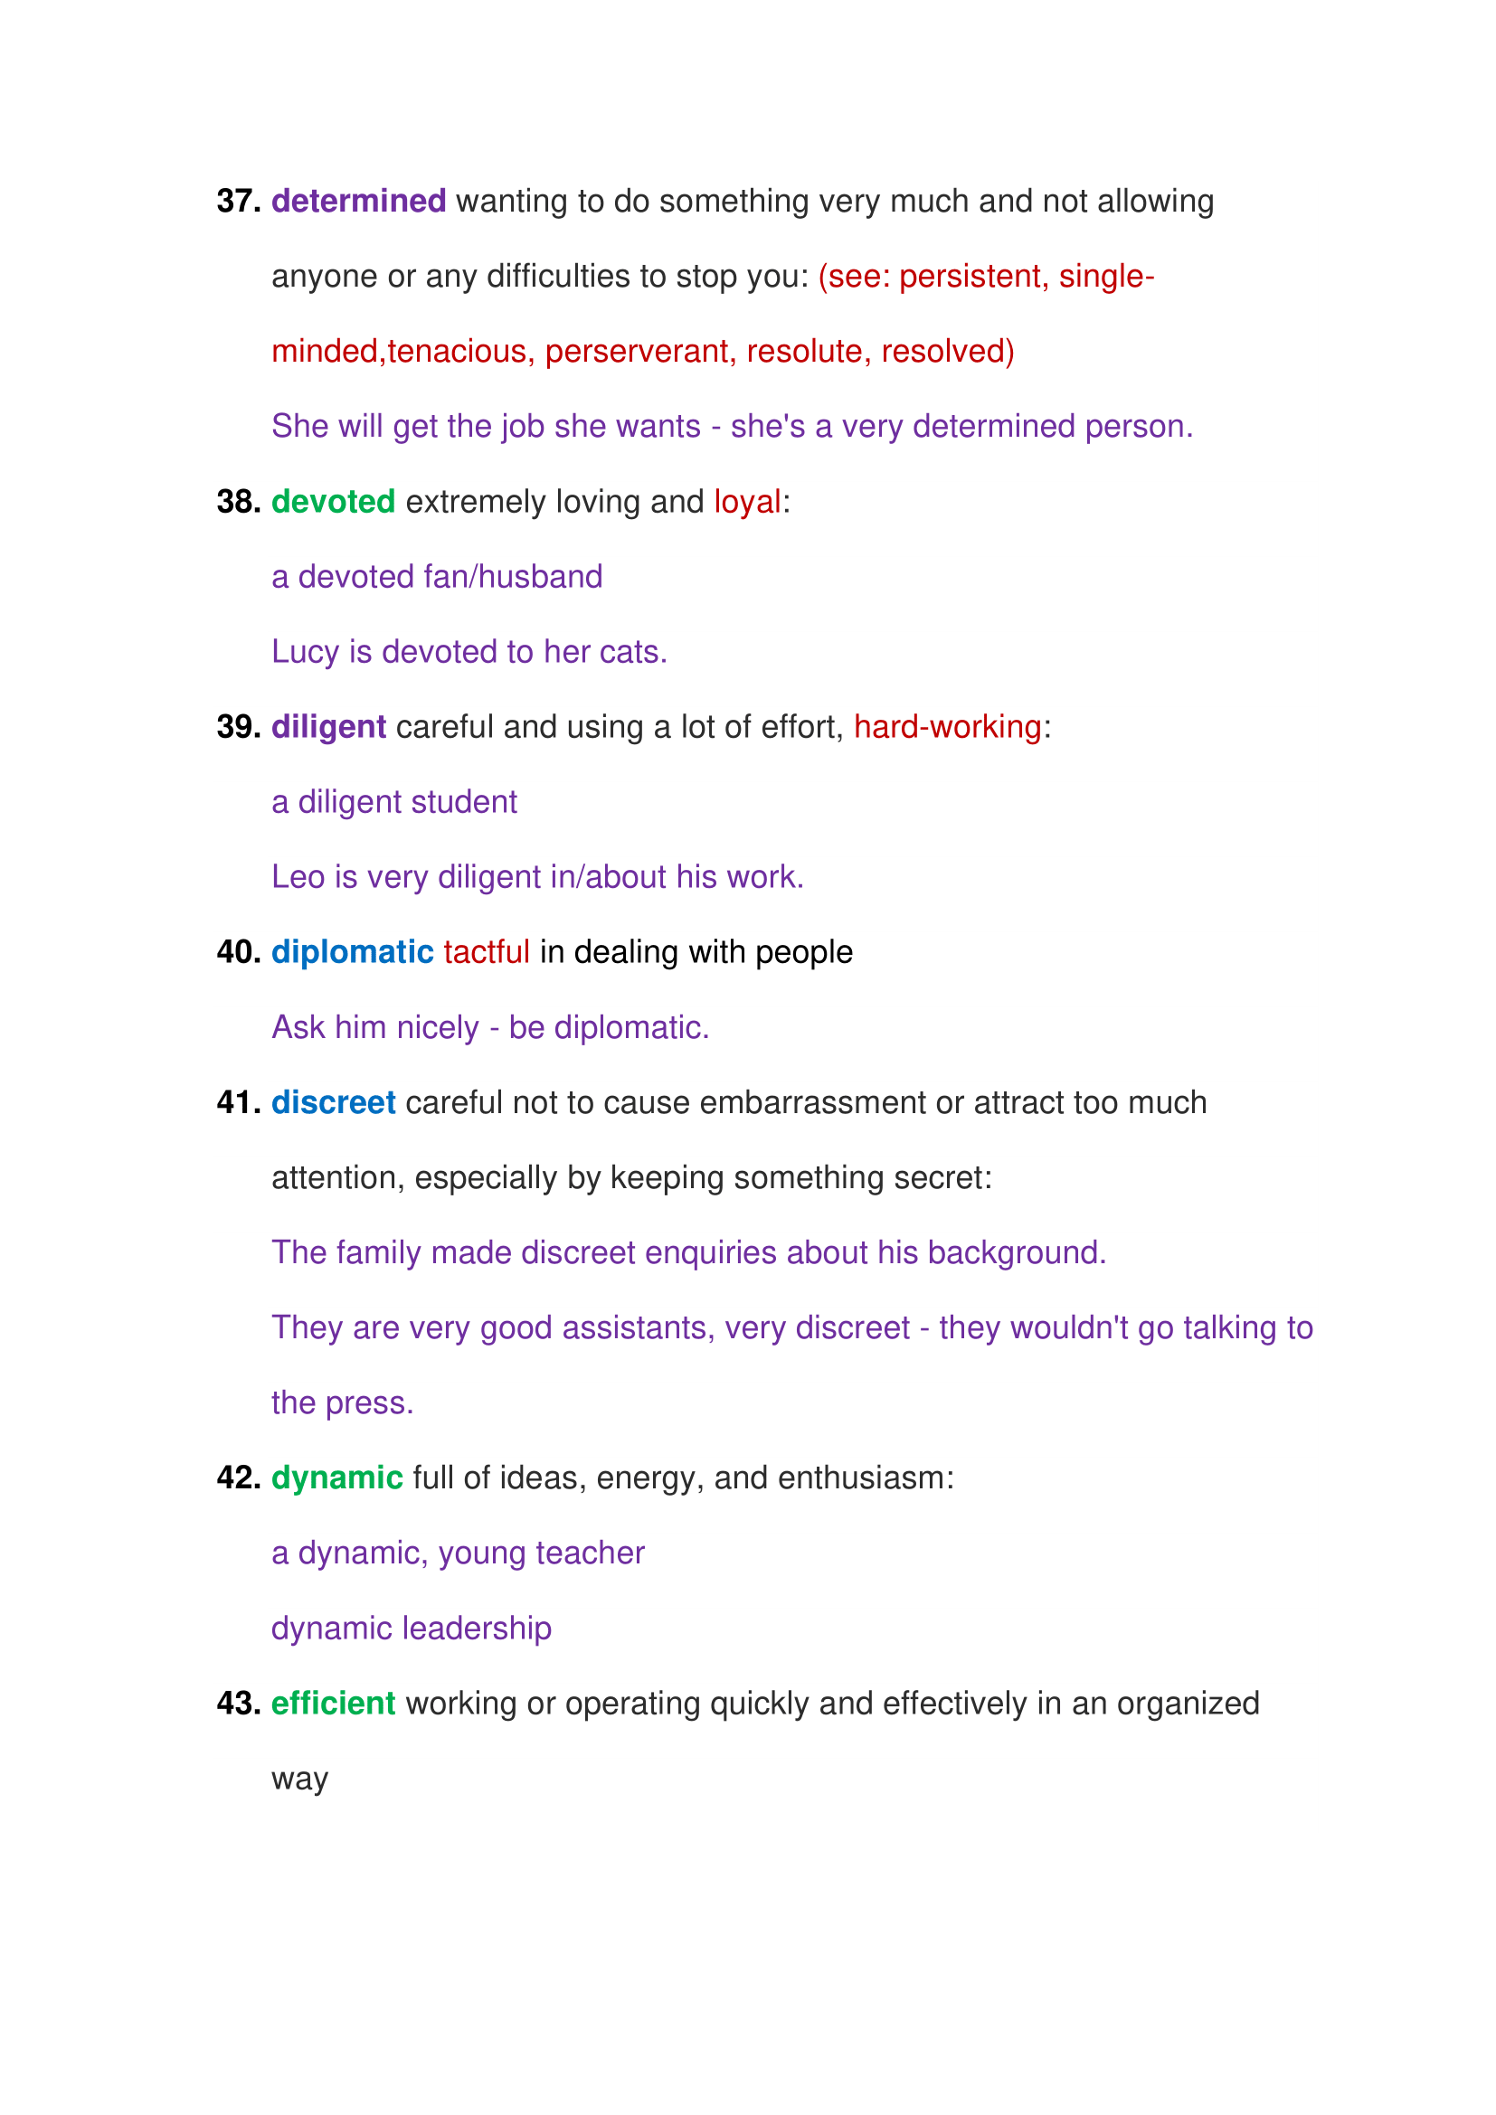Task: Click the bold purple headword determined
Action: pos(358,201)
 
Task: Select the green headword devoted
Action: pos(333,501)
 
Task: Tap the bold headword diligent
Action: pos(328,727)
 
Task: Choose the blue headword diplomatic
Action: pos(352,951)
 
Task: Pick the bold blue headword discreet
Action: pos(333,1102)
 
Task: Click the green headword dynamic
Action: pos(336,1478)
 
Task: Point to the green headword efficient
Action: pos(333,1704)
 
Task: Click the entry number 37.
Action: pos(238,201)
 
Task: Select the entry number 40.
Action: pos(238,951)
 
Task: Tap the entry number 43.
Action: pos(238,1704)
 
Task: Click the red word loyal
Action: pos(747,501)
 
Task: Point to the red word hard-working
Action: pos(947,727)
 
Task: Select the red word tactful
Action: pos(486,951)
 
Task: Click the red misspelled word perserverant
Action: pos(636,351)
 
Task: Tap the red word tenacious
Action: pos(457,351)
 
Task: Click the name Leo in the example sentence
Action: pos(298,877)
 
